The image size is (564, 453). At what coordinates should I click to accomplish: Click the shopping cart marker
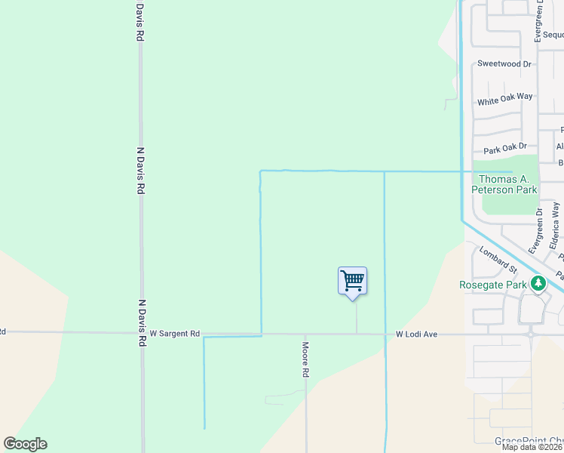[352, 282]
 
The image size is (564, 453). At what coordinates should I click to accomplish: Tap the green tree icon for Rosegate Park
[538, 284]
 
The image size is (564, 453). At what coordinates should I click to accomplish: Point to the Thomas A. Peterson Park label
[505, 184]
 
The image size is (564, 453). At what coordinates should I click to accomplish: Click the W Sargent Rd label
[174, 333]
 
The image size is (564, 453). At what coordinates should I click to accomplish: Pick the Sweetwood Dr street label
[504, 64]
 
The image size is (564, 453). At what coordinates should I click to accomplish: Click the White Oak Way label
[504, 98]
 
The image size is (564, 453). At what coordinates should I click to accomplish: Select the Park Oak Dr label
[504, 149]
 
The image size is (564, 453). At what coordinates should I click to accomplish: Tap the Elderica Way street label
[556, 225]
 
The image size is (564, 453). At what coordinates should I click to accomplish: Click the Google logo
[25, 444]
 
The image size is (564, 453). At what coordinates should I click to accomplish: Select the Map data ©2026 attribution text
[532, 447]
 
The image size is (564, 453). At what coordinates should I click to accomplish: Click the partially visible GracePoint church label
[529, 441]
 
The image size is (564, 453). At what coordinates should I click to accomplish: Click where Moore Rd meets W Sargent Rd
[306, 333]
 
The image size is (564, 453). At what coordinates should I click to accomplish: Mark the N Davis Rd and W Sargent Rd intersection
[141, 332]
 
